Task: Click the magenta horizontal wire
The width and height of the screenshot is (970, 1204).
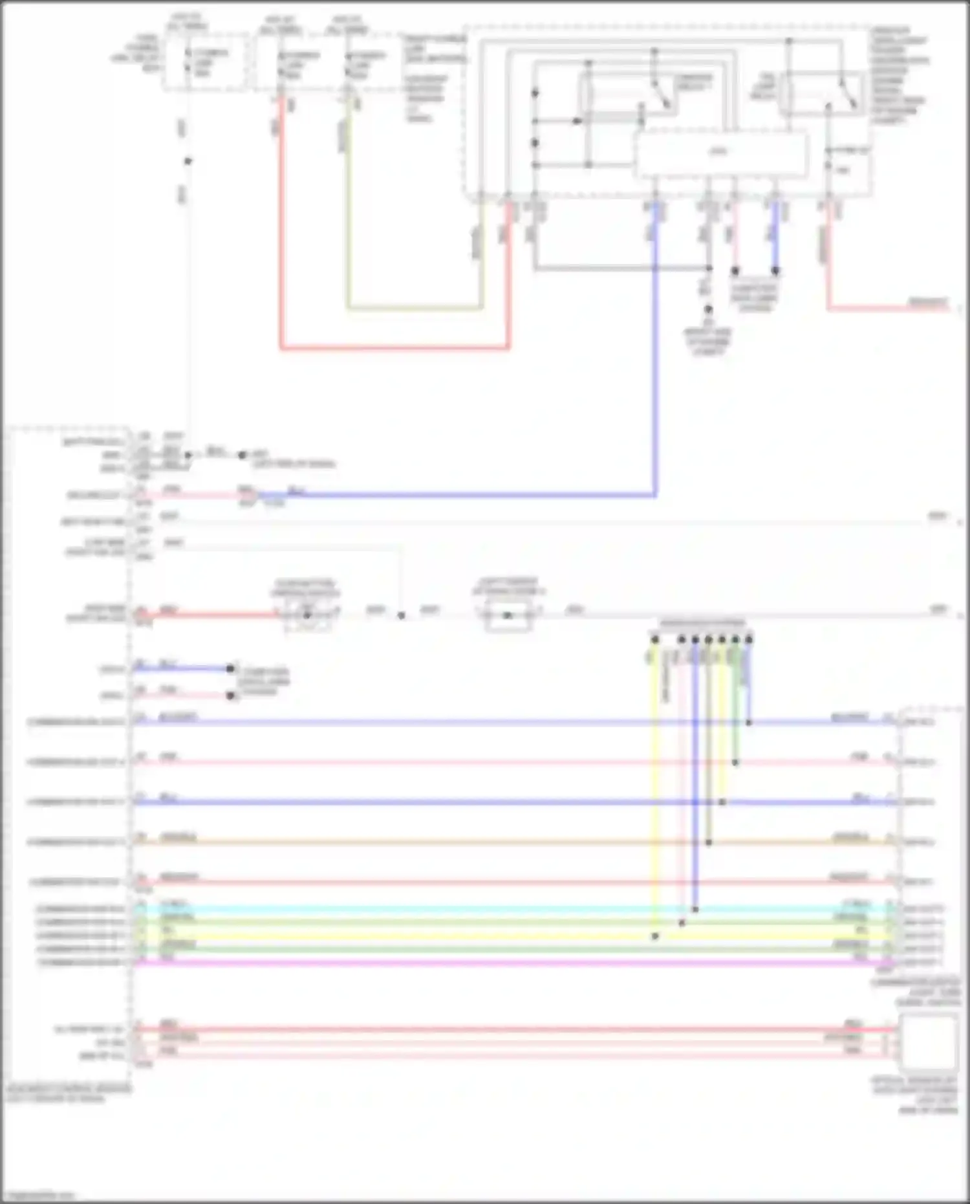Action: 453,963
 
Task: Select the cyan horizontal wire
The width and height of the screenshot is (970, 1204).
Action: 453,909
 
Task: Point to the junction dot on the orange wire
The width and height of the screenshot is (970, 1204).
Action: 709,842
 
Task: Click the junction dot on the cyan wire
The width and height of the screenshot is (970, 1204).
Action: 695,909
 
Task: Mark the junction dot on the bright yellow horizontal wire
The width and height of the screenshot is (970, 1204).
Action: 655,936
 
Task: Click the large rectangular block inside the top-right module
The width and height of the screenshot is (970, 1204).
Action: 721,154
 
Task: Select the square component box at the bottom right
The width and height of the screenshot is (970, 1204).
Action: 928,1042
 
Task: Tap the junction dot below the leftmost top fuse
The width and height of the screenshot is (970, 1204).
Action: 188,161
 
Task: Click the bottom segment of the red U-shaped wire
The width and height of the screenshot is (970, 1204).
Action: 394,348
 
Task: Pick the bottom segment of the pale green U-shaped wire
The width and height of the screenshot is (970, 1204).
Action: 414,308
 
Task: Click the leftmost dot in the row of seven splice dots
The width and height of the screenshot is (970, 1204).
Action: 655,640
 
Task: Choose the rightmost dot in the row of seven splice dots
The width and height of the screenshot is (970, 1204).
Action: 749,640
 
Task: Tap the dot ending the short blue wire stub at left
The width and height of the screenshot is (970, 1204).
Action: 230,668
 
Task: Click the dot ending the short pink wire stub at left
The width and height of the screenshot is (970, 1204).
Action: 230,695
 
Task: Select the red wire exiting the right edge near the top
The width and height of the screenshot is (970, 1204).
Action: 892,308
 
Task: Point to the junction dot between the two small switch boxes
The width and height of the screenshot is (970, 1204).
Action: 401,616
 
